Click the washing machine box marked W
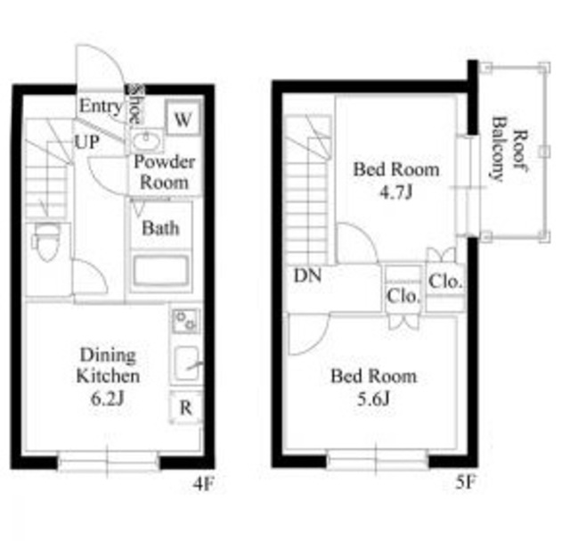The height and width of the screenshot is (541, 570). pos(183,118)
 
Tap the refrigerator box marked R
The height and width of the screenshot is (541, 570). pos(186,407)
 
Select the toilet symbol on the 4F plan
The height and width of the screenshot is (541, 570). pos(47,241)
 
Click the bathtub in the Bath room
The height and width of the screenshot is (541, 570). pos(161,270)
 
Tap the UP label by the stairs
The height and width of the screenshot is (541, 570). pos(86,142)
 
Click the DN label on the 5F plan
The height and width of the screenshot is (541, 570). pos(307,275)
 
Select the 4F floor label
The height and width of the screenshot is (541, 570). pos(203,484)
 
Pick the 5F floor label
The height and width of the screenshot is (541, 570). pos(466,482)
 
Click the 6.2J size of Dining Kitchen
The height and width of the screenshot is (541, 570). pos(108,398)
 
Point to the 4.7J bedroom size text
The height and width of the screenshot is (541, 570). pos(395,193)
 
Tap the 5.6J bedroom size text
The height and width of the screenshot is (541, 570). pos(373,398)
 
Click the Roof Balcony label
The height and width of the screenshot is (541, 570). pos(509,149)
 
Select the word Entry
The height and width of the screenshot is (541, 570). pos(101,106)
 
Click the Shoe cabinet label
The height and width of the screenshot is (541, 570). pos(134,105)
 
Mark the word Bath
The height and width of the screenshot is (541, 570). pos(160,228)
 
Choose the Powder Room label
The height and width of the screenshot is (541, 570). pos(164,172)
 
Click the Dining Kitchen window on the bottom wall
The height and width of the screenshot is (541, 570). pos(108,462)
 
